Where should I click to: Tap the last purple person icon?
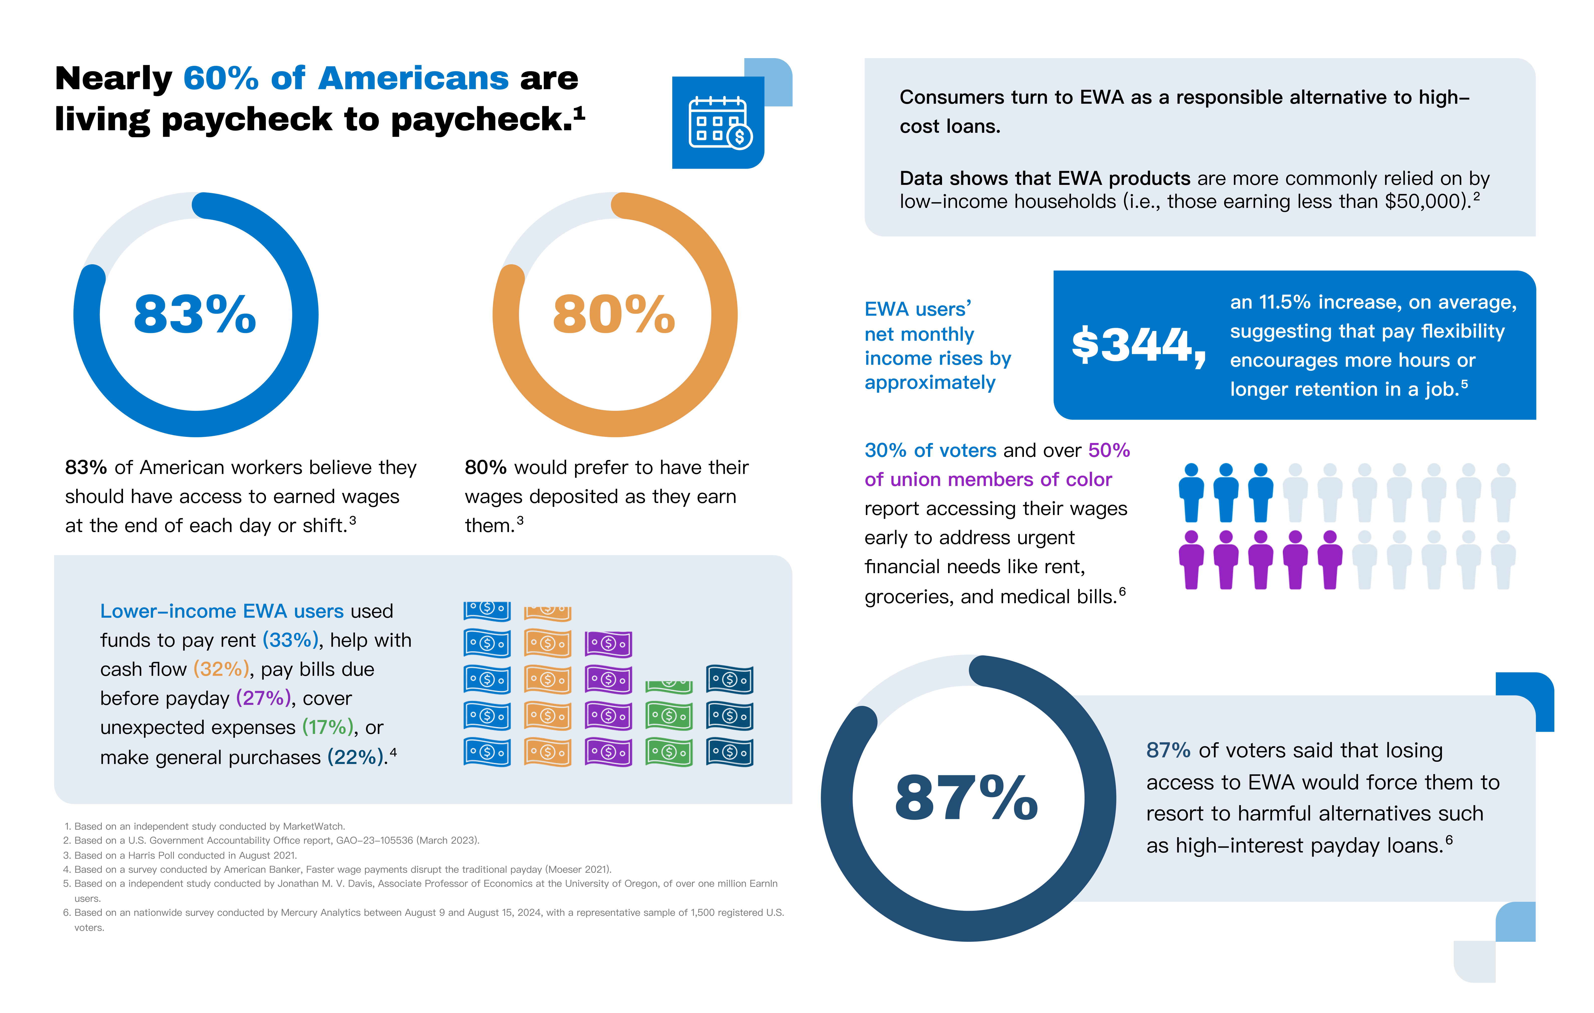click(1329, 560)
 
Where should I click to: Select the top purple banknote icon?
click(608, 644)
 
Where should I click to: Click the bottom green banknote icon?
click(669, 752)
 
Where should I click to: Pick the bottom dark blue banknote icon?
click(729, 752)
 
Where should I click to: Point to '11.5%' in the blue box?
click(1284, 303)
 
